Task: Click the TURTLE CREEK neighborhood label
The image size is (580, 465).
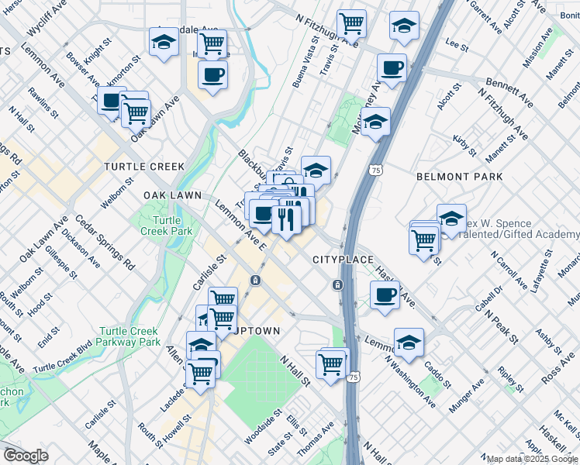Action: (145, 167)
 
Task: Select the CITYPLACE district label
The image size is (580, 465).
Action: (344, 259)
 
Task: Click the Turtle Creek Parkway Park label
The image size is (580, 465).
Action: (129, 336)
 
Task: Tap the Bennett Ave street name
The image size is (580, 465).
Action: (509, 92)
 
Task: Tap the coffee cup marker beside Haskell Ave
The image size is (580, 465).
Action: (385, 295)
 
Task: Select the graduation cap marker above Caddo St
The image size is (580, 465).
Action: (409, 341)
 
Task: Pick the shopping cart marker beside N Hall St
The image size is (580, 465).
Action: (331, 363)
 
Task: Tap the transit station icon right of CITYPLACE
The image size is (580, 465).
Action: (338, 284)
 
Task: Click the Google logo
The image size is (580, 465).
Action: (26, 456)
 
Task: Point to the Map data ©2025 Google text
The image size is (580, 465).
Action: (532, 459)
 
